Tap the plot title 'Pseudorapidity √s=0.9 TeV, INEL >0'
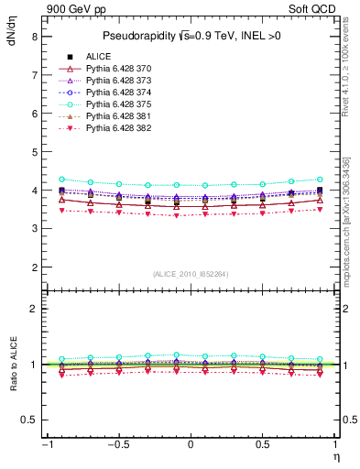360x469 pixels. pyautogui.click(x=190, y=37)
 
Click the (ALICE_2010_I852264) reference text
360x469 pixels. pyautogui.click(x=190, y=274)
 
